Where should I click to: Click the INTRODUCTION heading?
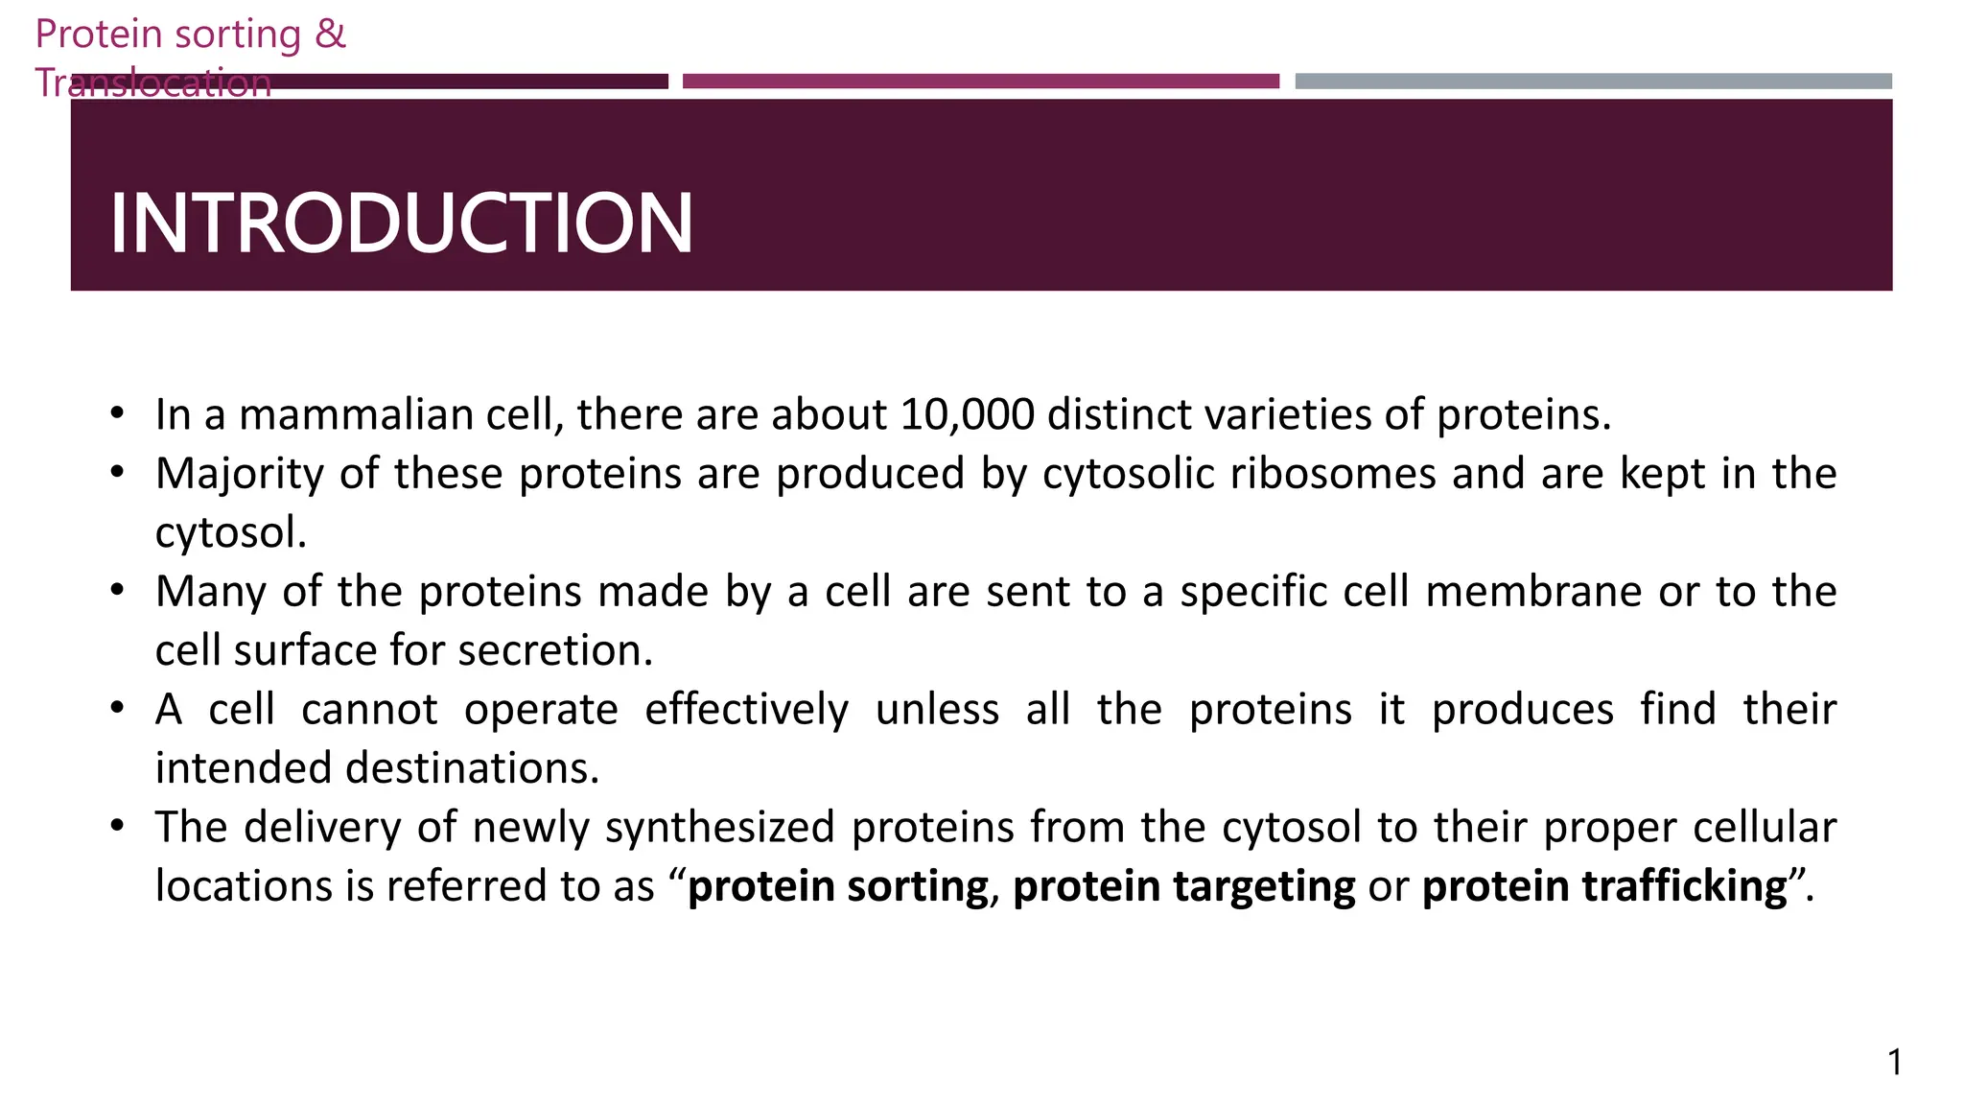coord(401,223)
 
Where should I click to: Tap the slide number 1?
coord(1895,1062)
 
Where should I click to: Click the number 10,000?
coord(967,414)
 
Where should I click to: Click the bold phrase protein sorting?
coord(838,885)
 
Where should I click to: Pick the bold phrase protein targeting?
coord(1183,885)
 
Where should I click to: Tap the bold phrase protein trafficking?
coord(1604,885)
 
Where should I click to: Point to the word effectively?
coord(746,710)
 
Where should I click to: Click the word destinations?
coord(471,768)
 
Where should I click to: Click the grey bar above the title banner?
coord(1593,82)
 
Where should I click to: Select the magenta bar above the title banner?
coord(980,82)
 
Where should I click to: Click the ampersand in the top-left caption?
coord(330,34)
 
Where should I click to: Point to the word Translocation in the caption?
coord(153,82)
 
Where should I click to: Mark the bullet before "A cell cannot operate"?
coord(117,710)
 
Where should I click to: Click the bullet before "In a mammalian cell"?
coord(117,414)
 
